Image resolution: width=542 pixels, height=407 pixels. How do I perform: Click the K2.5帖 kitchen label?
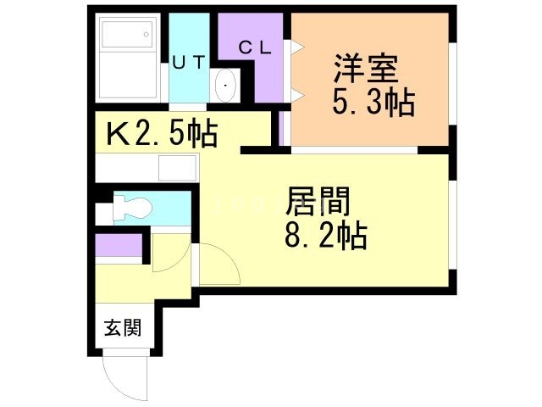pyautogui.click(x=161, y=133)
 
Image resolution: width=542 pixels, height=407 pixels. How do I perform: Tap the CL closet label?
pyautogui.click(x=253, y=48)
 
